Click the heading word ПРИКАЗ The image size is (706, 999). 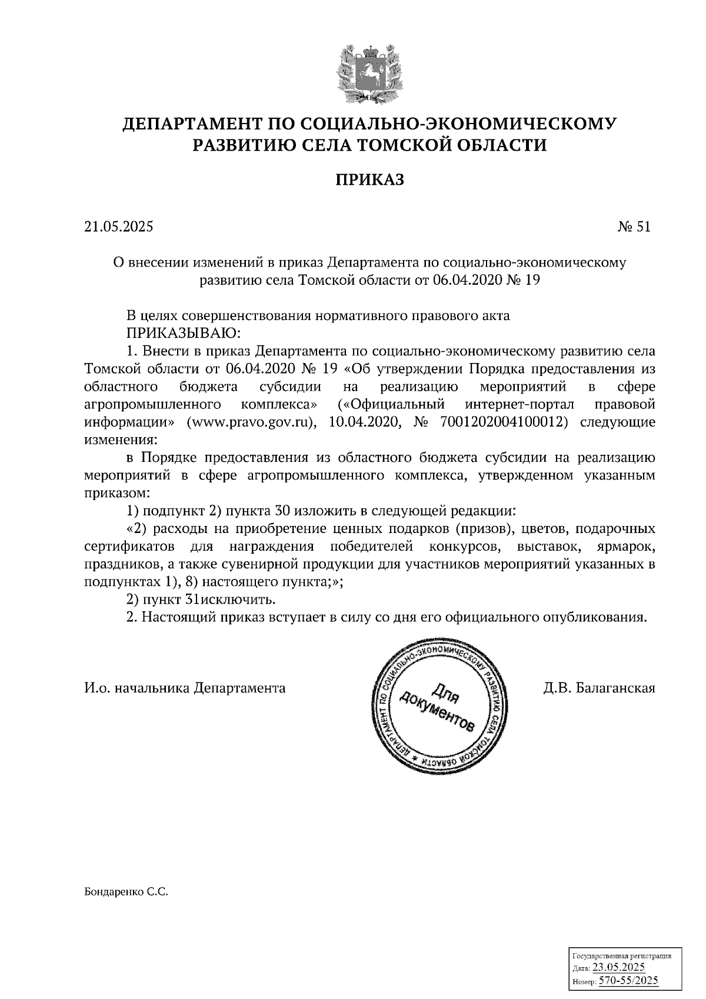coord(369,179)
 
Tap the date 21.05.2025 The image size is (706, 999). coord(118,227)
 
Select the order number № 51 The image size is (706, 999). coord(634,227)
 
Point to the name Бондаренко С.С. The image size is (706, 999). coord(126,893)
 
